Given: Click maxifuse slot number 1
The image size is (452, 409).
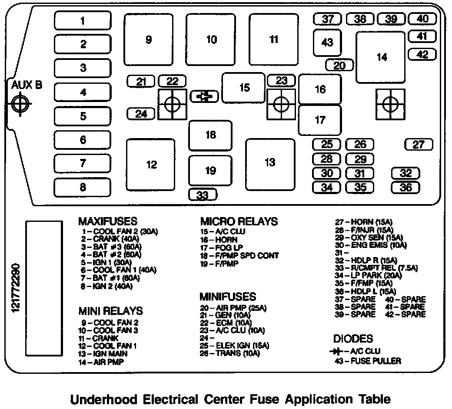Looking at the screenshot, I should point(83,21).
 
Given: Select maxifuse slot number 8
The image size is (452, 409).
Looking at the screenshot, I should point(83,188).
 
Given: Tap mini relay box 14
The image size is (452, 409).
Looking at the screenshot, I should point(381,57).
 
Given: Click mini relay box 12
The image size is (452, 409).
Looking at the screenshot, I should point(151,165).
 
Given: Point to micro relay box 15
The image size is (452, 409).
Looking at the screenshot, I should point(244,88).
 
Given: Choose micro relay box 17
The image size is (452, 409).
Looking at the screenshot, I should point(320,119).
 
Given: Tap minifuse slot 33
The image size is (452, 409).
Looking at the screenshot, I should point(203,195).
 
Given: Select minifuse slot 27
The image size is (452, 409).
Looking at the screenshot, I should point(418,145).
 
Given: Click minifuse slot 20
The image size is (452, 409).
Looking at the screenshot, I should point(339,65).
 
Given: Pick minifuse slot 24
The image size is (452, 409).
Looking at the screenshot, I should point(141,114).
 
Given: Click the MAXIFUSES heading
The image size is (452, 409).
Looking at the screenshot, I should point(107,221).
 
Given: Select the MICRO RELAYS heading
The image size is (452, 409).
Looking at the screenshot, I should point(239,221).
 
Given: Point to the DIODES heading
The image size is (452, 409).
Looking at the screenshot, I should point(353,339).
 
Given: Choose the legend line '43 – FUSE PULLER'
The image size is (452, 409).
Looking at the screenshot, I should point(368,361).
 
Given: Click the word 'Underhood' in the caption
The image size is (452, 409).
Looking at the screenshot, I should point(103,399).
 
